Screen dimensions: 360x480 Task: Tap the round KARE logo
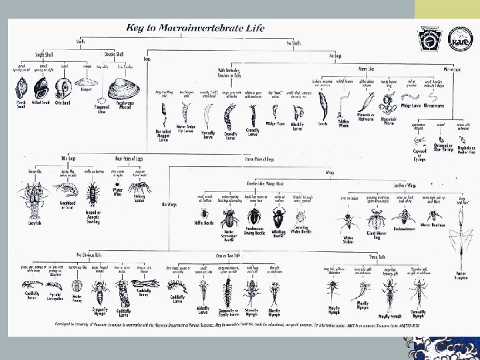[457, 36]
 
